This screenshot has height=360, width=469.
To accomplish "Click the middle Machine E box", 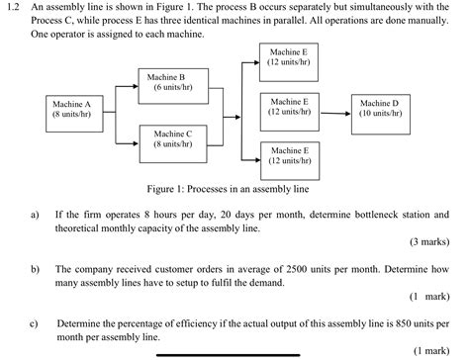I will (288, 110).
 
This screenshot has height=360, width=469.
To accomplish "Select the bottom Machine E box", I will (288, 158).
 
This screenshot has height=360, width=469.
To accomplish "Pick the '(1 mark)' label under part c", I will (432, 349).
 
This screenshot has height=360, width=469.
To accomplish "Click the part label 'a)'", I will (36, 214).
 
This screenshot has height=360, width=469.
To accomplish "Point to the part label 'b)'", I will (36, 268).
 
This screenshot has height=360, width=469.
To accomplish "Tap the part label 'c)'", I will (36, 322).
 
